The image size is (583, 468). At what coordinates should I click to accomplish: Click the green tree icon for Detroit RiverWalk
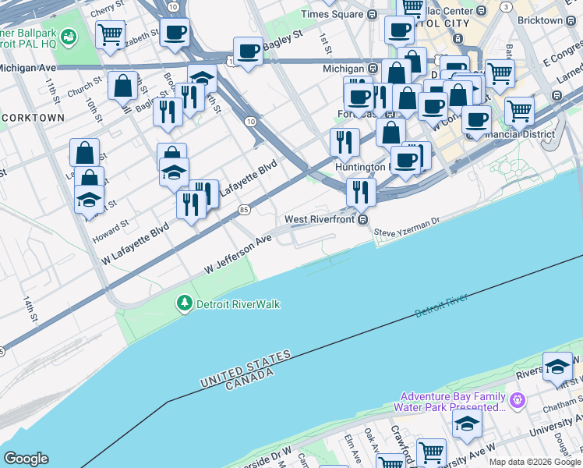tap(185, 303)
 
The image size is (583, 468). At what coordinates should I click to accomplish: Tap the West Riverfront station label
tap(320, 220)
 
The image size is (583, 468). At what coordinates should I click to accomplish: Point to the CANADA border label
tap(249, 378)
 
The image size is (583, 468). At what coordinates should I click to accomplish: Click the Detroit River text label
tap(440, 305)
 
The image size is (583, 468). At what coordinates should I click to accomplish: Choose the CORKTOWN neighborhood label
tap(34, 117)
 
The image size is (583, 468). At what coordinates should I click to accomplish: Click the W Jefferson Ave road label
tap(238, 255)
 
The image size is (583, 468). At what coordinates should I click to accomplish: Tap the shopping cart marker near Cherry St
tap(111, 34)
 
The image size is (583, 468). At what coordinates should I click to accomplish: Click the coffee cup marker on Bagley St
tap(248, 51)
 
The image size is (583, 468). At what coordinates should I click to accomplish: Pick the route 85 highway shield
tap(245, 209)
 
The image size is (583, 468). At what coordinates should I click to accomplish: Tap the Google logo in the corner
tap(26, 458)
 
